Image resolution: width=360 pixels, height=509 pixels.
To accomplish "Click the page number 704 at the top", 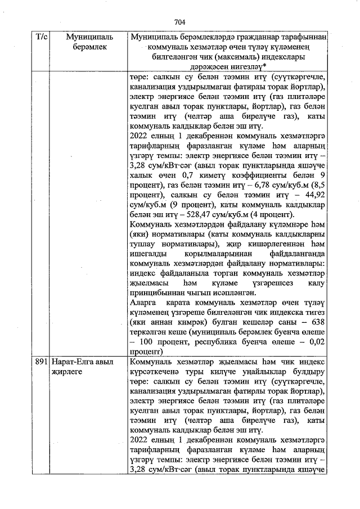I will (179, 22).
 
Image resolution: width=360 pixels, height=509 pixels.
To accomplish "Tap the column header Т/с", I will (42, 37).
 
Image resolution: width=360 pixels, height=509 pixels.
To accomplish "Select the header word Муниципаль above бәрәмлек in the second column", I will (89, 37).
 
